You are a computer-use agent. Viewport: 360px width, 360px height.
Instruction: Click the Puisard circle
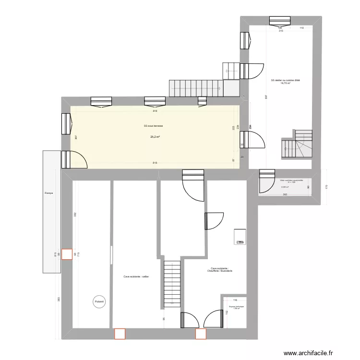pyautogui.click(x=99, y=301)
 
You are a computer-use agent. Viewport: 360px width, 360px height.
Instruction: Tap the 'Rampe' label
pyautogui.click(x=49, y=193)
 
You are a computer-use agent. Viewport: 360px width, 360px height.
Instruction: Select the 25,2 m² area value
pyautogui.click(x=155, y=137)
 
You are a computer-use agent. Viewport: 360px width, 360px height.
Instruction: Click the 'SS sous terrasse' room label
pyautogui.click(x=153, y=126)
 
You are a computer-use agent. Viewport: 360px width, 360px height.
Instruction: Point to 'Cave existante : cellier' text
pyautogui.click(x=136, y=276)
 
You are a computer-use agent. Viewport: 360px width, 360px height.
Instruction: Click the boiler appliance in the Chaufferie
pyautogui.click(x=240, y=237)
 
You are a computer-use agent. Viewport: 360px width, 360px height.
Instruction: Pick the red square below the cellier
pyautogui.click(x=119, y=333)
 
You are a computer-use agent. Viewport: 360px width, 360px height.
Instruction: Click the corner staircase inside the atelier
pyautogui.click(x=297, y=144)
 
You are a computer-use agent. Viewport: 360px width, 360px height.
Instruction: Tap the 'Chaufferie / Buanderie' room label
pyautogui.click(x=221, y=271)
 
